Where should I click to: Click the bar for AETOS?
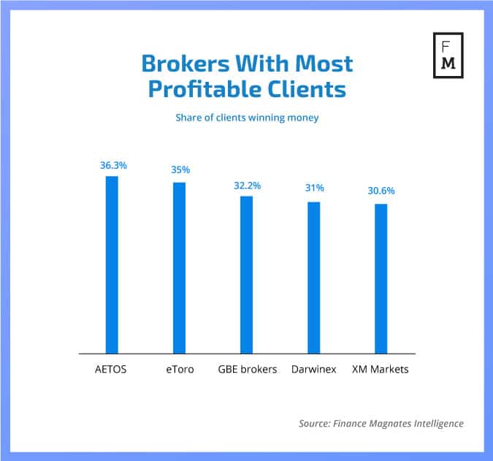[112, 265]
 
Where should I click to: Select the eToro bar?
[179, 268]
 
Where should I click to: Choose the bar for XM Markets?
[381, 279]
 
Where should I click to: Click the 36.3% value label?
[113, 166]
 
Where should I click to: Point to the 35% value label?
[180, 169]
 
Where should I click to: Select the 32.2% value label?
[247, 186]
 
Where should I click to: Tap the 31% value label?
[315, 188]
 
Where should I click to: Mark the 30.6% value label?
[381, 191]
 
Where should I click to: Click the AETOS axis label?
[111, 370]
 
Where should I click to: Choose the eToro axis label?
[179, 370]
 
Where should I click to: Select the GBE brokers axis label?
[248, 370]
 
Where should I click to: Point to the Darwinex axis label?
[313, 370]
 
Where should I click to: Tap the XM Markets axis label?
[381, 370]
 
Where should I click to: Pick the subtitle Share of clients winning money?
[247, 117]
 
